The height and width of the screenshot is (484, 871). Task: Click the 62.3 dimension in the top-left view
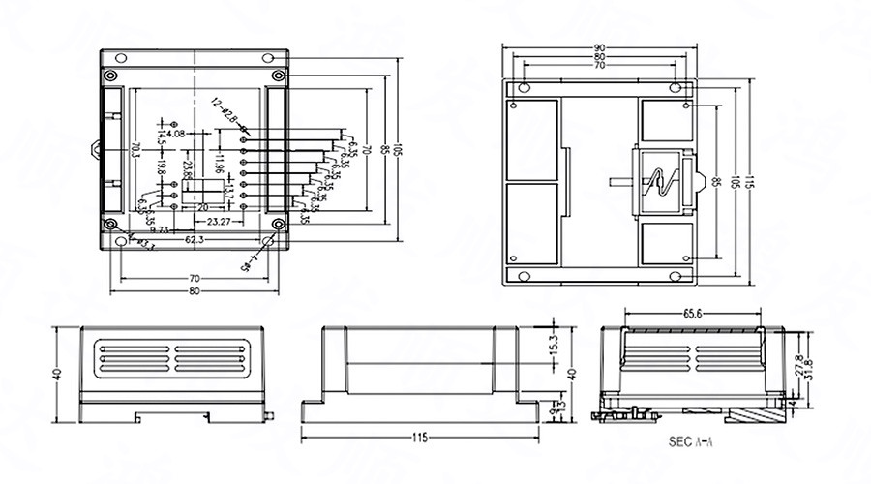click(x=194, y=238)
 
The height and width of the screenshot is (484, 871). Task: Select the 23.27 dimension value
click(x=219, y=222)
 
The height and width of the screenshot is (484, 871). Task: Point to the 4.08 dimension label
click(x=175, y=135)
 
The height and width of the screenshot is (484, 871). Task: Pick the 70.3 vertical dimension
click(x=134, y=155)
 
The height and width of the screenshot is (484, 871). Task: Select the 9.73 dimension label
click(x=161, y=229)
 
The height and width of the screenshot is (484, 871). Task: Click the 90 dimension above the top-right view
click(x=599, y=48)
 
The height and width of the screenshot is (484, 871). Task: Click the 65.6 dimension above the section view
click(x=693, y=314)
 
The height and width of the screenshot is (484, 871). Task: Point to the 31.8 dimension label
click(x=809, y=369)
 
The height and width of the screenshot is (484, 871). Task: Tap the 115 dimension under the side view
click(x=419, y=438)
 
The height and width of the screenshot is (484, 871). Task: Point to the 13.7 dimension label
click(x=228, y=194)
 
